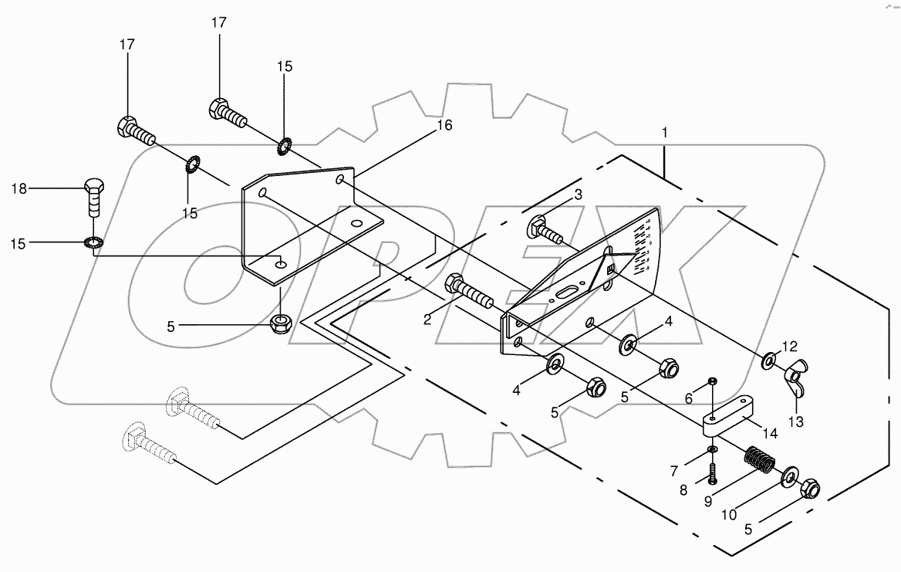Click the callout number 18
19,188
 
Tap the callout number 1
664,133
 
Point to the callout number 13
796,421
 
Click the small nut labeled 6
713,381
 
